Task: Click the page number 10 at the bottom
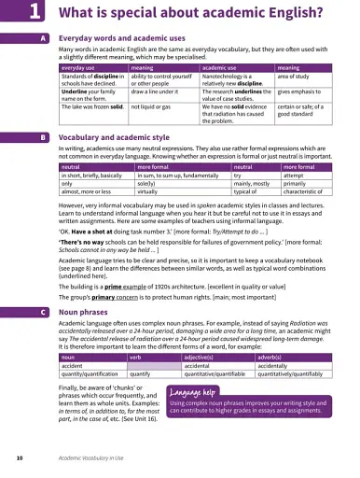click(19, 458)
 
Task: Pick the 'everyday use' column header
click(80, 68)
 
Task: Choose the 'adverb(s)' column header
click(276, 331)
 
